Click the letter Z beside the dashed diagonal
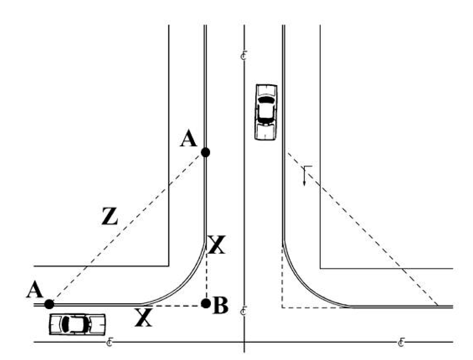click(109, 218)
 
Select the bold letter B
click(220, 306)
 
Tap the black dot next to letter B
click(205, 302)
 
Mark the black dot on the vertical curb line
click(205, 152)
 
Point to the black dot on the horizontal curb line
click(49, 304)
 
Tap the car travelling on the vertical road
click(265, 112)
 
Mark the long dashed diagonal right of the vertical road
click(365, 231)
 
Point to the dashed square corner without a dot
click(283, 307)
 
